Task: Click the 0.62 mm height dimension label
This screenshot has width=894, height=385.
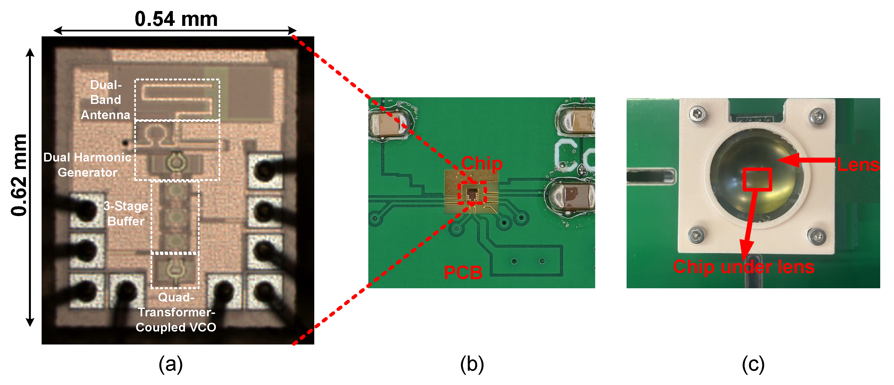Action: pyautogui.click(x=19, y=175)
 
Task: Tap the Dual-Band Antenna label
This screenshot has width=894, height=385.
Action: pyautogui.click(x=106, y=100)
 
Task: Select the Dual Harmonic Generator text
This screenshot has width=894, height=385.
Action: pyautogui.click(x=87, y=165)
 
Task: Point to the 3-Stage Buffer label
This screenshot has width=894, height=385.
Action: pyautogui.click(x=126, y=213)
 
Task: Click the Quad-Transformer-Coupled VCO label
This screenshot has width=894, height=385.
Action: pyautogui.click(x=176, y=312)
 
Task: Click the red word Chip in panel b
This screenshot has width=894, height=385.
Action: pyautogui.click(x=481, y=163)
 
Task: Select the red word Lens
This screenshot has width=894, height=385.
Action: pyautogui.click(x=858, y=165)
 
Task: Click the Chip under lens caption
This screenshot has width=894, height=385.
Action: pyautogui.click(x=743, y=267)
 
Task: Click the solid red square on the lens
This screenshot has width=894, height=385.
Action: pyautogui.click(x=757, y=180)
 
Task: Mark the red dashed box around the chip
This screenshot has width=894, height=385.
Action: pyautogui.click(x=472, y=192)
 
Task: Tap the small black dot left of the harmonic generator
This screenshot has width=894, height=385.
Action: pyautogui.click(x=125, y=142)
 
